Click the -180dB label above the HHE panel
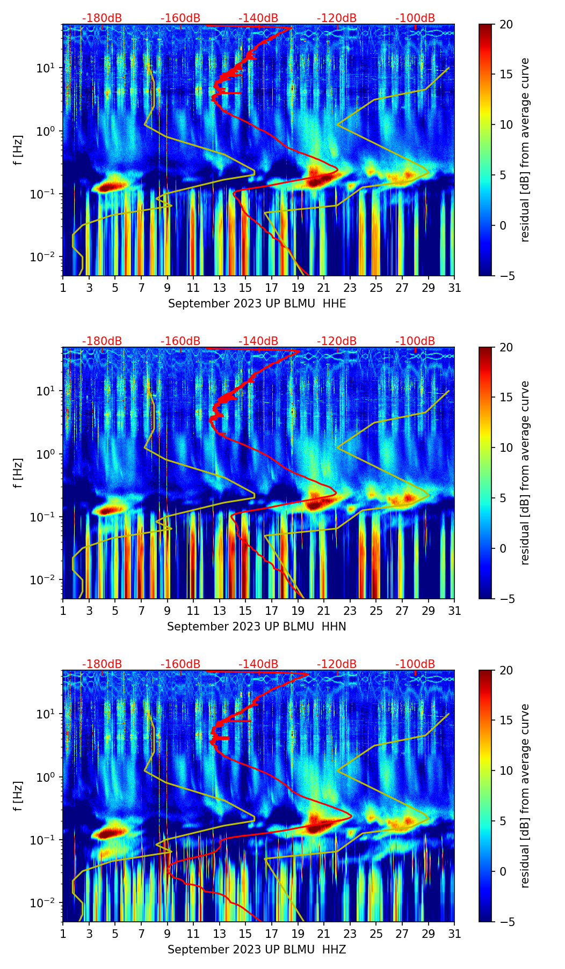(102, 18)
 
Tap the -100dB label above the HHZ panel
(415, 664)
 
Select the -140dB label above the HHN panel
(258, 341)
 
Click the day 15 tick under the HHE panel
(245, 288)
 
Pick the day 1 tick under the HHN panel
(63, 611)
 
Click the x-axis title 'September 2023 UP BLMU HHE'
(257, 304)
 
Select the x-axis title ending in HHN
(256, 627)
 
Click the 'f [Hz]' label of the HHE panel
(18, 150)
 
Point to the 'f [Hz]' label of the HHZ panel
(18, 796)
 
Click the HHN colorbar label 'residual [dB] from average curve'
(525, 473)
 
